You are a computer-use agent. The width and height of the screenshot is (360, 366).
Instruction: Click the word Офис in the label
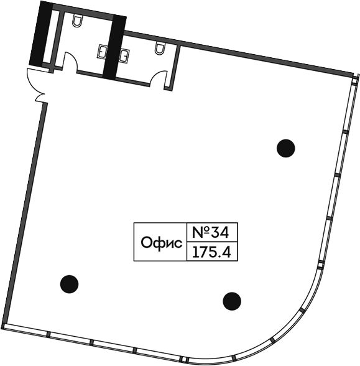(162, 243)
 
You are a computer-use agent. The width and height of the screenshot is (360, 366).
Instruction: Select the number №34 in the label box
(210, 233)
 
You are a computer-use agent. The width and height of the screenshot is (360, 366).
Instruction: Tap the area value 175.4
(211, 252)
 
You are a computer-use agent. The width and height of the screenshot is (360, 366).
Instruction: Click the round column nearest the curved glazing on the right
(286, 148)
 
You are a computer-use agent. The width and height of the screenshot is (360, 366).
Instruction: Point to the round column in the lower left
(69, 284)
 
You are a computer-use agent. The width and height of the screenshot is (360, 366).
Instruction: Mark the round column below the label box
(232, 301)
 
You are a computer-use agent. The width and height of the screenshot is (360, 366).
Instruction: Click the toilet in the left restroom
(77, 21)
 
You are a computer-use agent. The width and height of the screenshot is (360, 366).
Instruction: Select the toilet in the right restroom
(160, 49)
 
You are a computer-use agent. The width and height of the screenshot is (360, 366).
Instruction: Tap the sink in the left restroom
(103, 51)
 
